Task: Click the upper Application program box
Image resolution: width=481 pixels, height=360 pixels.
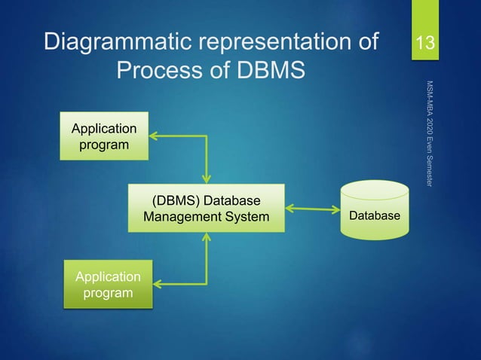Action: pyautogui.click(x=104, y=136)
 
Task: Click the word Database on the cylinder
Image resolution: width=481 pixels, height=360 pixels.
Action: pyautogui.click(x=375, y=216)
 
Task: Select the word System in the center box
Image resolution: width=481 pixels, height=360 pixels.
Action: pyautogui.click(x=250, y=218)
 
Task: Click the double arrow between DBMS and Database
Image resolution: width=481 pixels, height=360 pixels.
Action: pyautogui.click(x=311, y=209)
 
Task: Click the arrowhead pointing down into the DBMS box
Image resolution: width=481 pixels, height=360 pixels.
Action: pyautogui.click(x=206, y=178)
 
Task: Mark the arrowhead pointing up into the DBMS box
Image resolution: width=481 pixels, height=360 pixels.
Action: pyautogui.click(x=206, y=239)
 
